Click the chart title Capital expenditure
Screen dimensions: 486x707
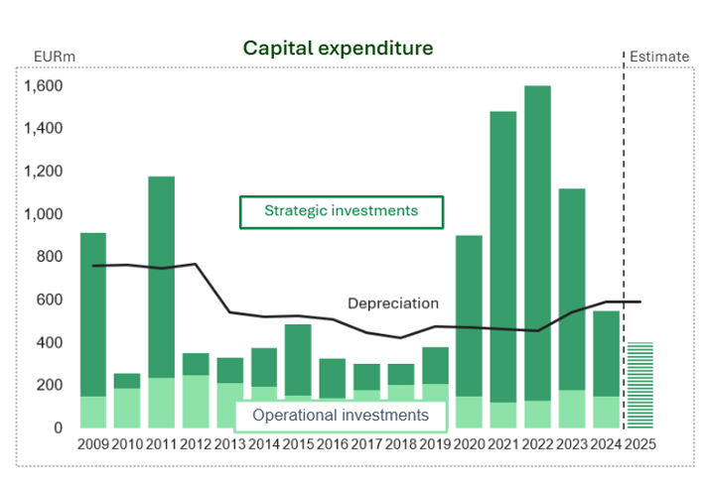[x=339, y=49]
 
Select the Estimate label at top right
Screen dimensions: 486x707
[x=660, y=57]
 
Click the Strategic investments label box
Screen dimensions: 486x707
[x=341, y=211]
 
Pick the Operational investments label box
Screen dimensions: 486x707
[x=341, y=415]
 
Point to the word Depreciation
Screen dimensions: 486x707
[x=393, y=304]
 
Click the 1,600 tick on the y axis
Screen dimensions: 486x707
[x=44, y=86]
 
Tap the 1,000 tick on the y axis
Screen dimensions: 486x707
[x=44, y=214]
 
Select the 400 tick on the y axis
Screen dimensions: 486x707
[x=50, y=343]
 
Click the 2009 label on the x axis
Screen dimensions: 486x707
[x=92, y=443]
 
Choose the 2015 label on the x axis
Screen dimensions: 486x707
[x=298, y=443]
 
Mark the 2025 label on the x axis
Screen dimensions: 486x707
[x=640, y=443]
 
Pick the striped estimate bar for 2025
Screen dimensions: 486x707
[x=640, y=385]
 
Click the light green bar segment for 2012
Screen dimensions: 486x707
[x=196, y=401]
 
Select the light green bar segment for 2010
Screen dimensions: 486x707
[x=127, y=408]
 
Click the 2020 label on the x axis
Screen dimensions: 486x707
[x=469, y=443]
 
